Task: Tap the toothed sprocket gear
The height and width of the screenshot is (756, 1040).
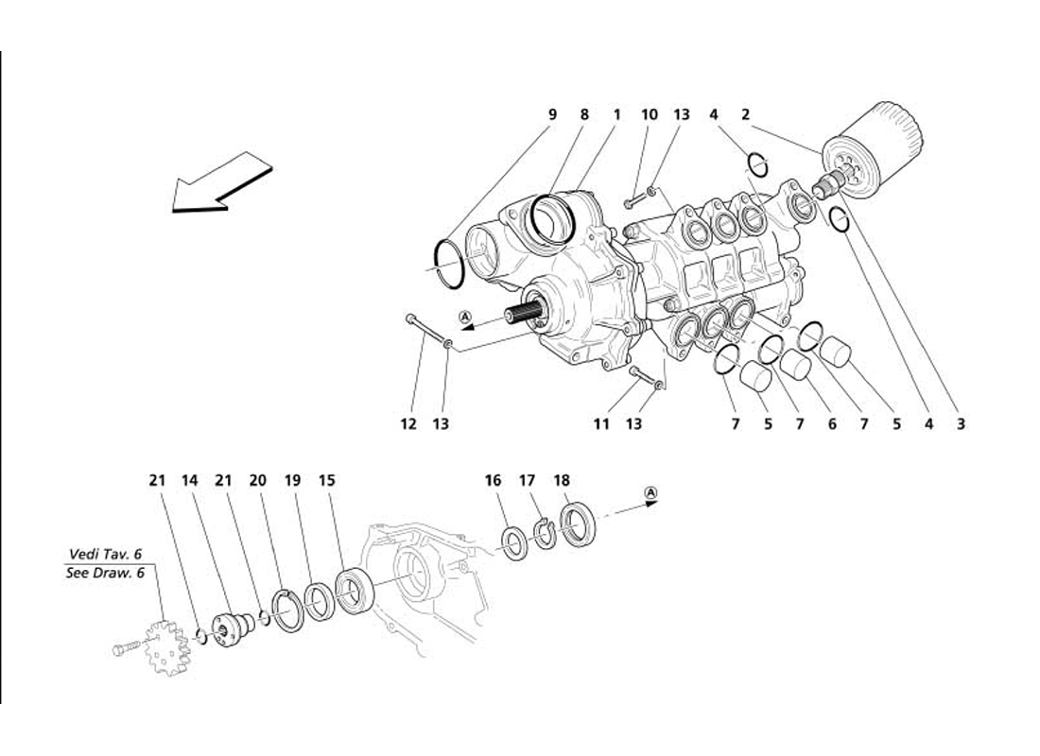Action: pyautogui.click(x=166, y=646)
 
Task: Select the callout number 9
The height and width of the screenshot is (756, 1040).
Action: pyautogui.click(x=553, y=114)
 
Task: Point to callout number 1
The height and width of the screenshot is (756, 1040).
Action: pyautogui.click(x=616, y=114)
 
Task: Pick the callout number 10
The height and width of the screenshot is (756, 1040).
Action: pyautogui.click(x=649, y=114)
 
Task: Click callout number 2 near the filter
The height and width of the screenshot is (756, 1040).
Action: pyautogui.click(x=745, y=114)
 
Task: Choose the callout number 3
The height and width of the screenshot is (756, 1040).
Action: pyautogui.click(x=961, y=424)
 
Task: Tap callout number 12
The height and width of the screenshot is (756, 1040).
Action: pyautogui.click(x=408, y=424)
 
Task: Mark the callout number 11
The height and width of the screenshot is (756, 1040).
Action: pyautogui.click(x=601, y=424)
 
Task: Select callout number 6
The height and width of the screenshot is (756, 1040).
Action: pyautogui.click(x=832, y=424)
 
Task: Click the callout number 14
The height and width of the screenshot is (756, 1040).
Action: pyautogui.click(x=190, y=480)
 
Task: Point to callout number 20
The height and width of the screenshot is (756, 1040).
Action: pyautogui.click(x=258, y=480)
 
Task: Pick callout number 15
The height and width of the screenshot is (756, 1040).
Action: pyautogui.click(x=326, y=480)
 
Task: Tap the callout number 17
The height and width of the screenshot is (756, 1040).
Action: pyautogui.click(x=527, y=480)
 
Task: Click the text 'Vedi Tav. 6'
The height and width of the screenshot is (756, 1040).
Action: pyautogui.click(x=104, y=554)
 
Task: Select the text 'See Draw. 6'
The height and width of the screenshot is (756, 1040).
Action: pyautogui.click(x=104, y=572)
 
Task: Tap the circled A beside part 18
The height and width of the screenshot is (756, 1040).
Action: pyautogui.click(x=650, y=492)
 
